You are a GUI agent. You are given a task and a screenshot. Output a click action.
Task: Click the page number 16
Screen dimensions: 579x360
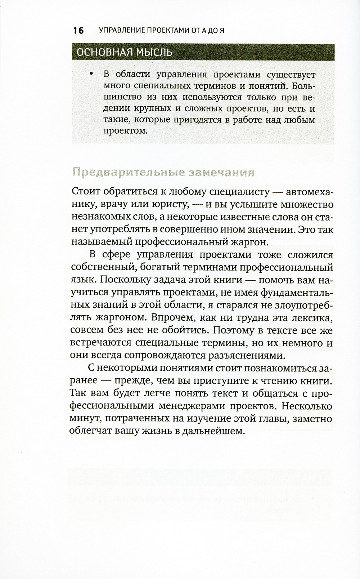[x=78, y=31]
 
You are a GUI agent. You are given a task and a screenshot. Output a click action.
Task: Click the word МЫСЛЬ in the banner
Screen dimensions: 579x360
[x=154, y=52]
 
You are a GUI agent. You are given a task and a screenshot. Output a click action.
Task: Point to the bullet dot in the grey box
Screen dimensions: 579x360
[x=91, y=75]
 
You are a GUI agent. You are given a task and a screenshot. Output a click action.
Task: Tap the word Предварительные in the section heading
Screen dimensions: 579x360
[x=127, y=173]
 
